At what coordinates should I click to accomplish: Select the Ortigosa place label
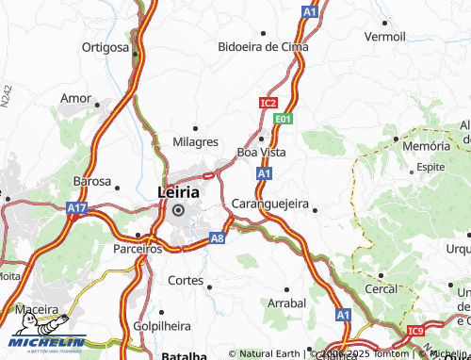[106, 47]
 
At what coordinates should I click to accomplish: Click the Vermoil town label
[384, 36]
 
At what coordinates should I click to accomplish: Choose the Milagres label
[195, 141]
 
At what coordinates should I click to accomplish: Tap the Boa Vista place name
[261, 152]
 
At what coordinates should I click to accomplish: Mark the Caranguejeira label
[269, 203]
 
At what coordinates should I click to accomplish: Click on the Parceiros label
[137, 249]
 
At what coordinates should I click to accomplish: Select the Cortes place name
[185, 280]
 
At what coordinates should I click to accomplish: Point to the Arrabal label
[286, 303]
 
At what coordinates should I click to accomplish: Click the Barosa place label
[91, 181]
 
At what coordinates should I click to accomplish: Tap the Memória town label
[426, 147]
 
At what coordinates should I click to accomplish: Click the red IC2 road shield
[268, 102]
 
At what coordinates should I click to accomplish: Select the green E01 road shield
[283, 120]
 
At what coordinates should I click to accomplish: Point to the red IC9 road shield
[416, 331]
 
